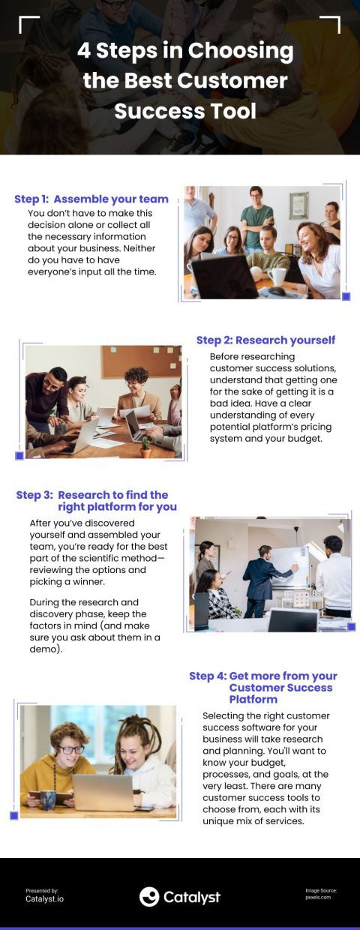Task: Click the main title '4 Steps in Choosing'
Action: tap(185, 51)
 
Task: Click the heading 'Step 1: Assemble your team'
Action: tap(91, 199)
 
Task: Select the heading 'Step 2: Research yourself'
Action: tap(265, 340)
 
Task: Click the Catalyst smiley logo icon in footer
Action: tap(149, 896)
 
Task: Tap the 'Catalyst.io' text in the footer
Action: tap(45, 898)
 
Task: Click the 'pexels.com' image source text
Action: tap(318, 897)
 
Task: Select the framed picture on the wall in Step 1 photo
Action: tap(299, 205)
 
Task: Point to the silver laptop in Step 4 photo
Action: tap(103, 792)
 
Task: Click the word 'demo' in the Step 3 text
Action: tap(44, 649)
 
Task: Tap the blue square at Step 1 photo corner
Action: tap(346, 296)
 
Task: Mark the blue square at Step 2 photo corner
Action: tap(19, 455)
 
